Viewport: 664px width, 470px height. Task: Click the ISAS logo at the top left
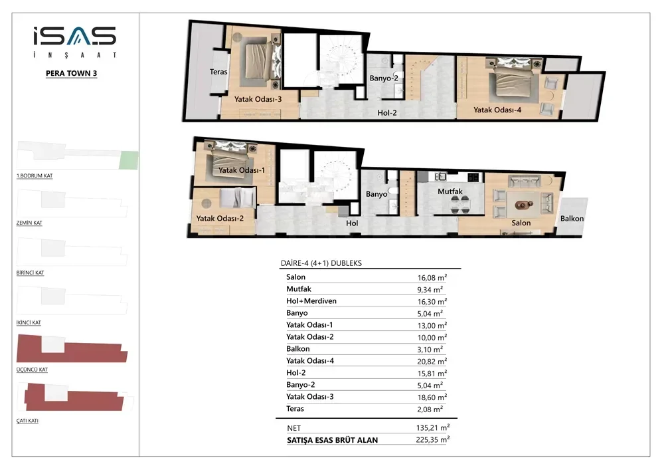pos(74,41)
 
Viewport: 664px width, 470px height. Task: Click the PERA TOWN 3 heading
pos(72,73)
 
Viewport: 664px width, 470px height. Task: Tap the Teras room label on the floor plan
pos(218,72)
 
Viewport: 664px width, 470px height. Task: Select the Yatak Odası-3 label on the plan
pos(258,99)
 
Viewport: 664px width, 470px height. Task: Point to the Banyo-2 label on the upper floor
pos(384,78)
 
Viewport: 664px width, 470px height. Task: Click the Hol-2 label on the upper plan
pos(387,113)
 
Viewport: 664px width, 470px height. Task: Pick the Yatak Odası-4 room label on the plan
pos(497,110)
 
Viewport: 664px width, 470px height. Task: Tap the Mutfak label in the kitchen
pos(450,191)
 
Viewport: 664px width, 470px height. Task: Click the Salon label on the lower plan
pos(521,223)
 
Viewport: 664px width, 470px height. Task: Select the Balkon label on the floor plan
pos(572,219)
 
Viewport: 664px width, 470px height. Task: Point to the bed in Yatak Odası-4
pos(513,80)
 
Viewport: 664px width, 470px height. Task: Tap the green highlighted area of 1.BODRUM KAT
pos(128,160)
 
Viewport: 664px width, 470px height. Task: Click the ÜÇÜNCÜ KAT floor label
pos(32,370)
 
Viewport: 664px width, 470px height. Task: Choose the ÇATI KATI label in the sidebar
pos(27,421)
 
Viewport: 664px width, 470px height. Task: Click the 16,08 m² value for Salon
pos(432,278)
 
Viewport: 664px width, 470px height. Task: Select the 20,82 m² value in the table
pos(432,362)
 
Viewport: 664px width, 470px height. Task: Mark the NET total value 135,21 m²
pos(433,428)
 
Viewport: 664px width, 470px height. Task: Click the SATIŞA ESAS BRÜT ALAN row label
pos(333,440)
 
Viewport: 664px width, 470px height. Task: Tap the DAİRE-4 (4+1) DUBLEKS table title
pos(321,263)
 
